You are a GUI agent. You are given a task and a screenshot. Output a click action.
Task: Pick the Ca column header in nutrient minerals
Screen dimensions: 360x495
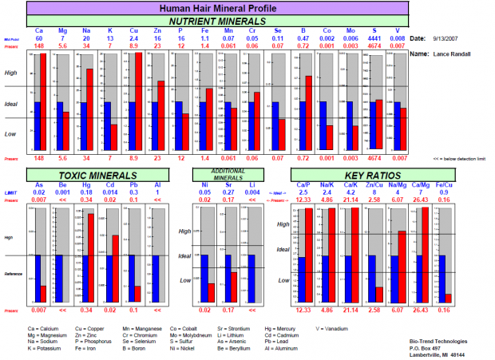(38, 31)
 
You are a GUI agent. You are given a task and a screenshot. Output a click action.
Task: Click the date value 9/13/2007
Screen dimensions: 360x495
(444, 38)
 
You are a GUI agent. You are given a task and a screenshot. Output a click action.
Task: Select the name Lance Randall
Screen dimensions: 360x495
(452, 53)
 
